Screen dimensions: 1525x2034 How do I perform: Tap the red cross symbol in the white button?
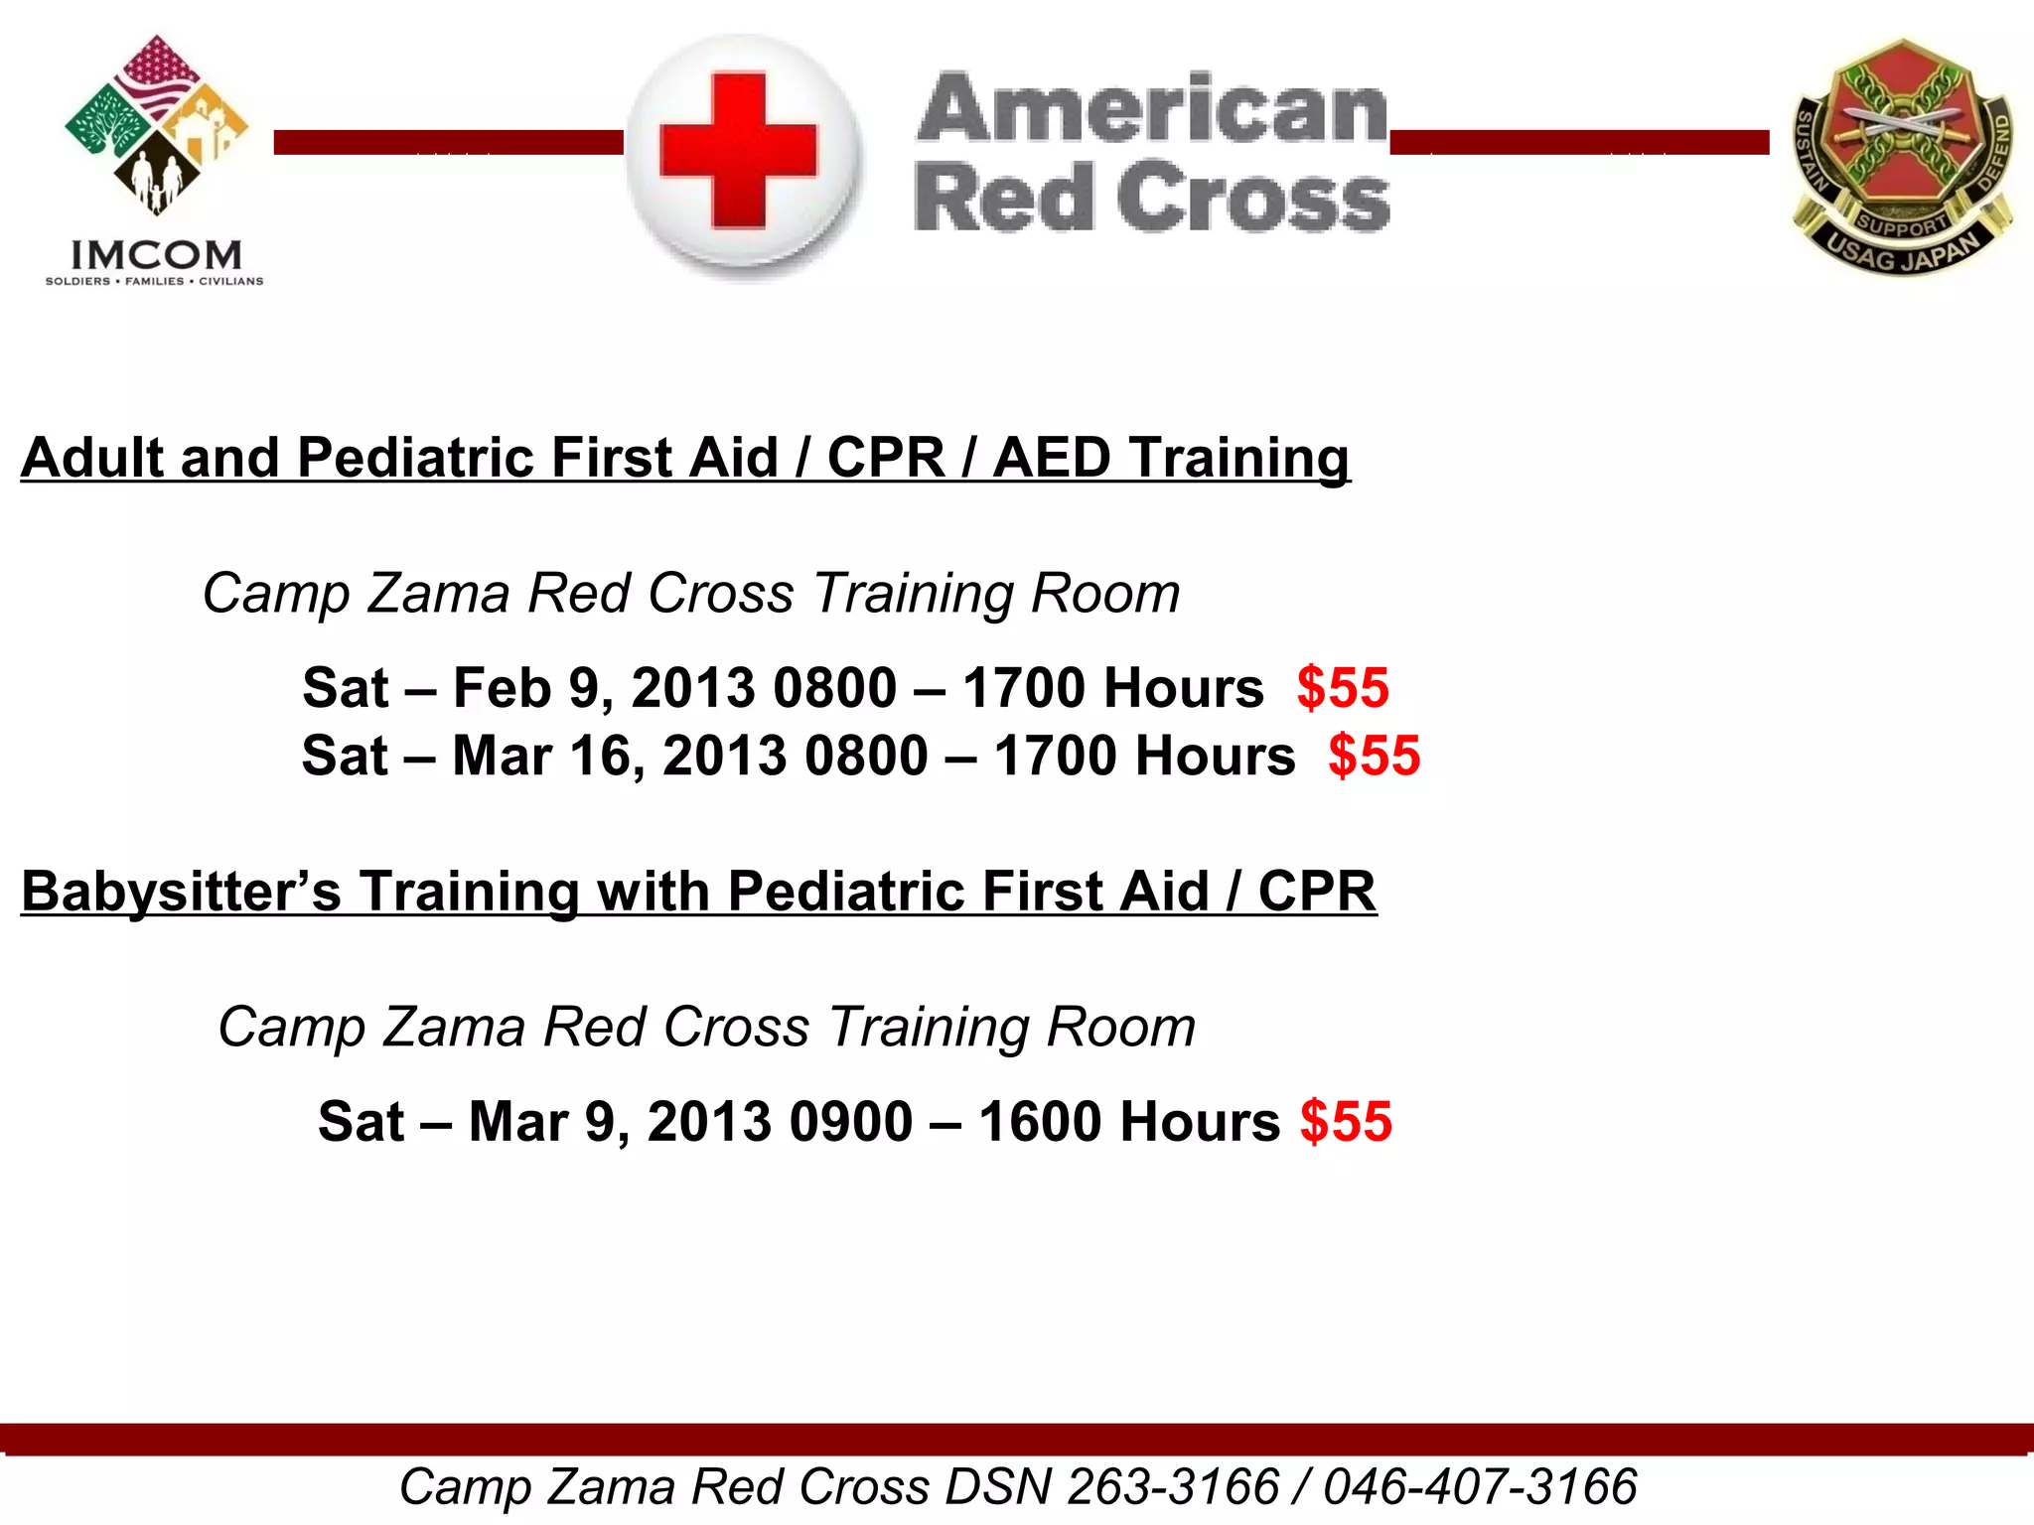(x=739, y=150)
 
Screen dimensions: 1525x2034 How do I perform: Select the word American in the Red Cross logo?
(x=1152, y=108)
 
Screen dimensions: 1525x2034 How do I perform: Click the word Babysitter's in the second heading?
(x=182, y=891)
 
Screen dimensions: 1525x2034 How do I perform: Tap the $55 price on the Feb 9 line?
(x=1343, y=688)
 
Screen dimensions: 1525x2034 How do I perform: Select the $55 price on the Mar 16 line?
(x=1375, y=756)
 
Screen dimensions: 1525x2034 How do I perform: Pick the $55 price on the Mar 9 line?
(x=1346, y=1122)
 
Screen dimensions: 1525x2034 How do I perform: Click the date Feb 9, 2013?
(x=605, y=688)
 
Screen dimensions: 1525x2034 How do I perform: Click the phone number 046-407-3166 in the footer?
(x=1480, y=1487)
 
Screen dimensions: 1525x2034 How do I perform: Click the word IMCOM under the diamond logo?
(x=156, y=255)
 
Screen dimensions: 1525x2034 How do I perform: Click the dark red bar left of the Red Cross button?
(x=448, y=142)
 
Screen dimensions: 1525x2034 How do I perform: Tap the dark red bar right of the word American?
(x=1579, y=142)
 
